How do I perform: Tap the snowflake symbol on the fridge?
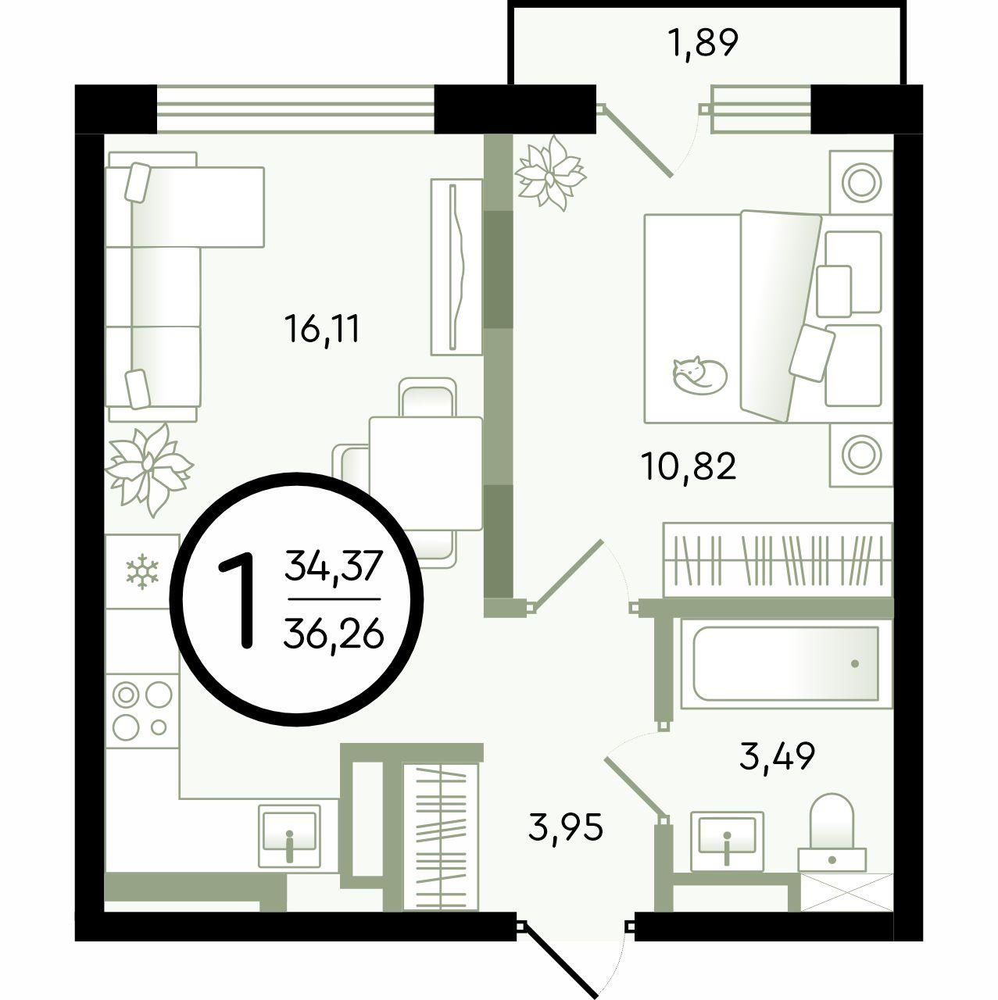[141, 572]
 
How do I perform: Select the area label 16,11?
[321, 329]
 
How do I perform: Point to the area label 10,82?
[689, 466]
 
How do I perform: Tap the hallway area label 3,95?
[566, 827]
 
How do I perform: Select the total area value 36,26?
[333, 635]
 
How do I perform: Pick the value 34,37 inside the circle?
[333, 566]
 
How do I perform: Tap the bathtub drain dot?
[855, 664]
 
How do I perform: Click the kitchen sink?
[289, 835]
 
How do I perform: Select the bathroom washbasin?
[727, 841]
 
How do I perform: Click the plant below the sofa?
[149, 470]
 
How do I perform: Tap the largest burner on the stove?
[159, 694]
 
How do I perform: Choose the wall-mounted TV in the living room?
[456, 266]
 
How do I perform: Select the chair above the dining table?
[427, 398]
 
